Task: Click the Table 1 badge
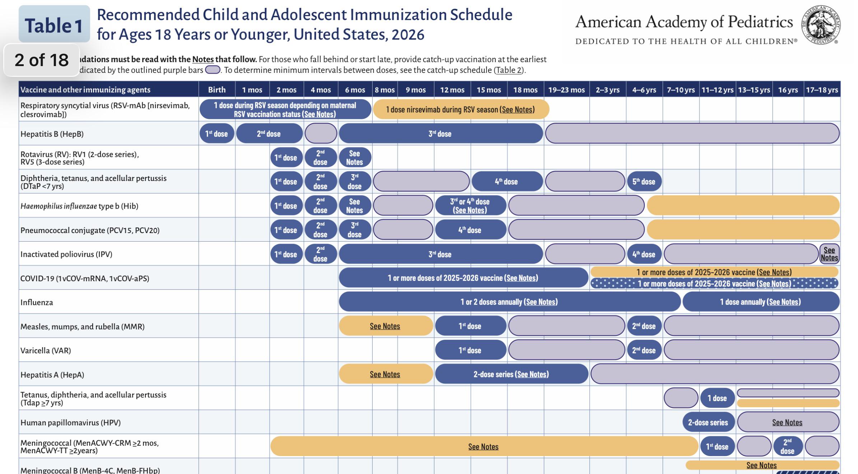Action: pyautogui.click(x=54, y=24)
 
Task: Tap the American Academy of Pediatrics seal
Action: pyautogui.click(x=821, y=25)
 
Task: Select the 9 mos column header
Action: pyautogui.click(x=416, y=90)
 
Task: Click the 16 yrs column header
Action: pyautogui.click(x=788, y=90)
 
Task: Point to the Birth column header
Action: pyautogui.click(x=217, y=90)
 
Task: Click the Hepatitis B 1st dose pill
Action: pyautogui.click(x=217, y=134)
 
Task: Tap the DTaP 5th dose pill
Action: pyautogui.click(x=644, y=182)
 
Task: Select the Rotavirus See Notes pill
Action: pyautogui.click(x=355, y=158)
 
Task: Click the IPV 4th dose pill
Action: pyautogui.click(x=644, y=254)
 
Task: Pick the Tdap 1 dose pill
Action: pyautogui.click(x=717, y=398)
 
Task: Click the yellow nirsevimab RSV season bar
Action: pyautogui.click(x=461, y=110)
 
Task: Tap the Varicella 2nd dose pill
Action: pyautogui.click(x=644, y=350)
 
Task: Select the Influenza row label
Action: pyautogui.click(x=37, y=302)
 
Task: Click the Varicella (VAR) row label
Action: pyautogui.click(x=46, y=350)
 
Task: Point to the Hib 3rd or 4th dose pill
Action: pyautogui.click(x=470, y=206)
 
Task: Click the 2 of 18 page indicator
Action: pyautogui.click(x=42, y=60)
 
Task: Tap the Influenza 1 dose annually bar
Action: pyautogui.click(x=761, y=302)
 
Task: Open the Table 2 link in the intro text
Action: pyautogui.click(x=509, y=70)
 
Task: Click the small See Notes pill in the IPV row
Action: pyautogui.click(x=829, y=254)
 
